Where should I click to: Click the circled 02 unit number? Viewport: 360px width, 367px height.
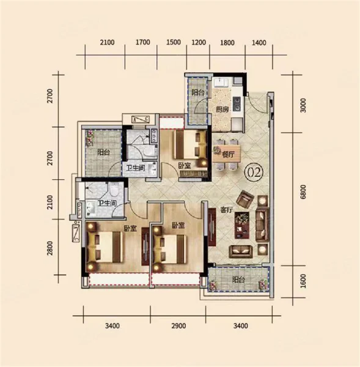[254, 172]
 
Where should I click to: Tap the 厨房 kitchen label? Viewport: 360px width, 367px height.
[222, 109]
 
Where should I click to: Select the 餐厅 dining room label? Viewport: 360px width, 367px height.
[228, 155]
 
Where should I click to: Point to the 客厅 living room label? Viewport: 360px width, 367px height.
[227, 210]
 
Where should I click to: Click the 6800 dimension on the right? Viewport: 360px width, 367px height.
[303, 192]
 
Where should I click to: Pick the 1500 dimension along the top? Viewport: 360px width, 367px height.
[174, 42]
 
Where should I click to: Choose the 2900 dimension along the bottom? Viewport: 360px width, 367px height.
[178, 326]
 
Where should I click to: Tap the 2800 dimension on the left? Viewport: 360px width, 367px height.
[50, 248]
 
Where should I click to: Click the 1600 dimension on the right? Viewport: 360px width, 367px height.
[303, 281]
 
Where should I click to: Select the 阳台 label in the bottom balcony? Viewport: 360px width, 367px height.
[238, 280]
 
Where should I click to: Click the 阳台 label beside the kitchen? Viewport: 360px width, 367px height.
[197, 92]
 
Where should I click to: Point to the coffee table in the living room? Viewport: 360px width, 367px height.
[242, 225]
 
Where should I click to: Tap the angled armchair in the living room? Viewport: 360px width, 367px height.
[245, 199]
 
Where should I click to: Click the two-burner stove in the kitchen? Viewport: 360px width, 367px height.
[237, 104]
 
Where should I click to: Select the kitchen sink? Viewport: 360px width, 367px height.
[221, 82]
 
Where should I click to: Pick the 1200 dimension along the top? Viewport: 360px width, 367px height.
[199, 42]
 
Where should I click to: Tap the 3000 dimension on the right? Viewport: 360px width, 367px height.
[303, 106]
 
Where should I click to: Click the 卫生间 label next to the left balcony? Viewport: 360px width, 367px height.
[136, 168]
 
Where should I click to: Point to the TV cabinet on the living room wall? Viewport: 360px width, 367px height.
[212, 227]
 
